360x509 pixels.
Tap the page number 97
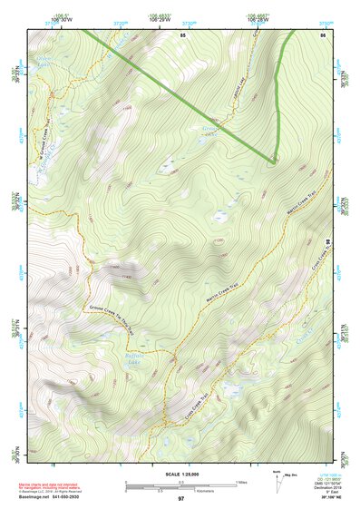pos(181,499)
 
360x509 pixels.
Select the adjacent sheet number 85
pos(182,34)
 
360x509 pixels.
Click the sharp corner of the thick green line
pos(273,161)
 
